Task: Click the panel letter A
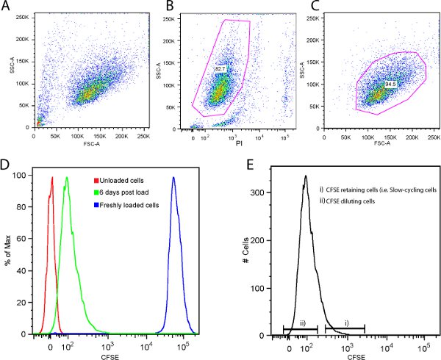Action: (6, 6)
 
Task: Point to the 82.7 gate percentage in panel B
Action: (220, 68)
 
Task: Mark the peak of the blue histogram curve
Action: (173, 177)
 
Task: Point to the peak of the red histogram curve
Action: (52, 177)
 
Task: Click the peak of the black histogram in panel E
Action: (304, 176)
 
